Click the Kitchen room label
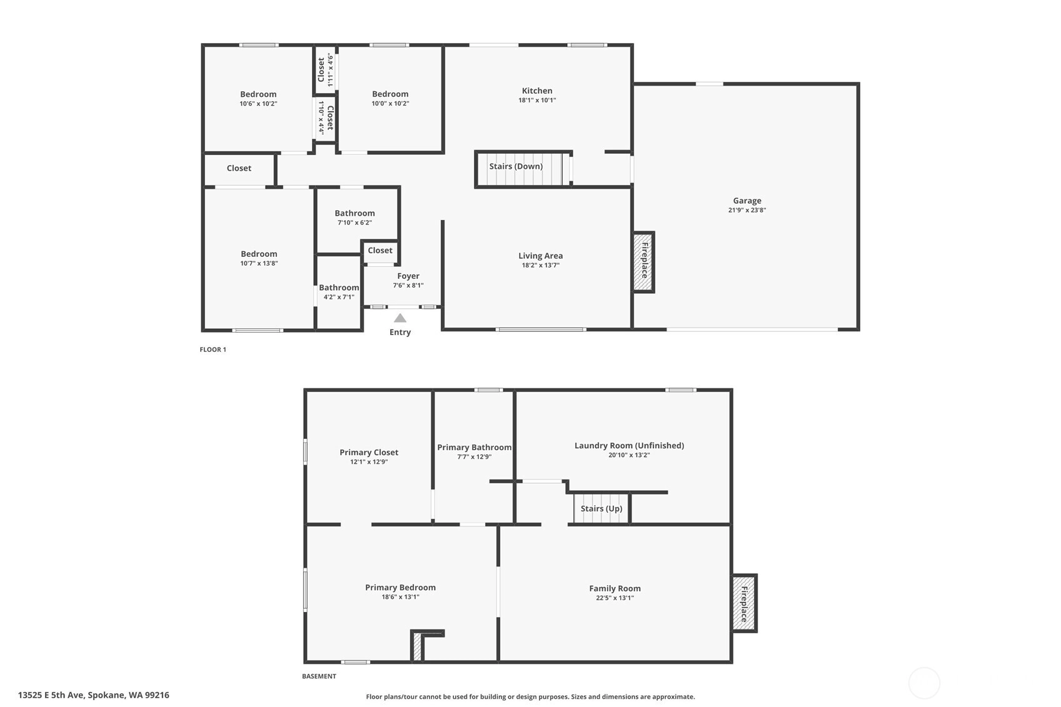[x=536, y=91]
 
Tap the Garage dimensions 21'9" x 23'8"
[x=747, y=210]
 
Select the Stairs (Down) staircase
[x=524, y=169]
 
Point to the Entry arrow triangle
[x=400, y=318]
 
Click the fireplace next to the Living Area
[x=644, y=262]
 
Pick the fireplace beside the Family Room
[x=744, y=603]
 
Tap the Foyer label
[x=408, y=276]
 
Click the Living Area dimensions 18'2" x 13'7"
[x=540, y=265]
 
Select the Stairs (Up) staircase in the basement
[x=601, y=508]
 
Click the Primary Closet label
[x=368, y=452]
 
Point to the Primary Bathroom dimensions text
[x=474, y=457]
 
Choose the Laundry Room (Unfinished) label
[x=629, y=446]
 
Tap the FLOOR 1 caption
[x=213, y=349]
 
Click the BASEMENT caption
[x=319, y=676]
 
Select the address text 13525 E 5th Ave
[x=51, y=695]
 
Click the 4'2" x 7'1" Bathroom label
[x=339, y=288]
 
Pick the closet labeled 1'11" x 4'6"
[x=325, y=69]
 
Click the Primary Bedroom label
[x=400, y=587]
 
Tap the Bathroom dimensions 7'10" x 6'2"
[x=355, y=223]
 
